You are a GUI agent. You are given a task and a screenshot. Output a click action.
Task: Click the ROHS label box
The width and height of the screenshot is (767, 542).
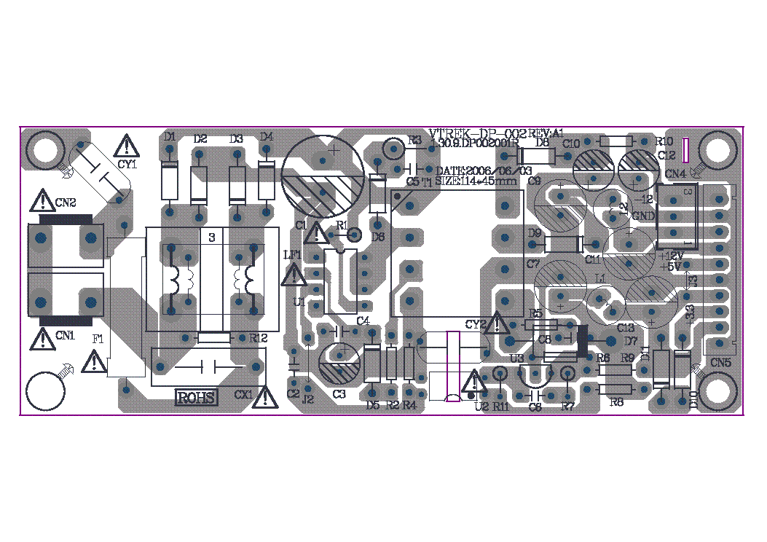tap(197, 398)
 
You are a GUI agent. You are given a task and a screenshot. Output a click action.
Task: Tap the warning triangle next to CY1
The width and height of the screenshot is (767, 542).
tap(127, 145)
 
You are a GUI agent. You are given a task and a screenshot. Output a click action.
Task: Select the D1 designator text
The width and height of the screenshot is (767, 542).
tap(170, 136)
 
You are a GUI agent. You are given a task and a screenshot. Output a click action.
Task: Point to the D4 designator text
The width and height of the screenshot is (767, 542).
tap(266, 136)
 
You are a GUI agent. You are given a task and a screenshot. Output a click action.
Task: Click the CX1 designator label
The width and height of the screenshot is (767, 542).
tap(243, 394)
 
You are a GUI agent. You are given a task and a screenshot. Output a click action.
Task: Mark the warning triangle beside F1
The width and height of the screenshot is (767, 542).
tap(95, 361)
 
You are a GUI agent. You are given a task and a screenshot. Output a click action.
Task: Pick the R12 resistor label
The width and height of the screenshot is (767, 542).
tap(259, 338)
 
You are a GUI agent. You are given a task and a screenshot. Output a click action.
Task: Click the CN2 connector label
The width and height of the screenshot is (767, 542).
tap(64, 202)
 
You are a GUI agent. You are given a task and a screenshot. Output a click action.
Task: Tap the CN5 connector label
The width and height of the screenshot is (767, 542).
tap(721, 362)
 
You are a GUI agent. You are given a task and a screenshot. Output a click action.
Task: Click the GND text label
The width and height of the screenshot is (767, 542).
tap(643, 216)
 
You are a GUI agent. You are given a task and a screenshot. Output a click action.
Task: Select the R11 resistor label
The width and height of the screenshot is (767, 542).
tap(500, 406)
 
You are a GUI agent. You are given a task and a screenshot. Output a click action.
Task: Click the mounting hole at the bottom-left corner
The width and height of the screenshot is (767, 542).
tap(46, 393)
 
